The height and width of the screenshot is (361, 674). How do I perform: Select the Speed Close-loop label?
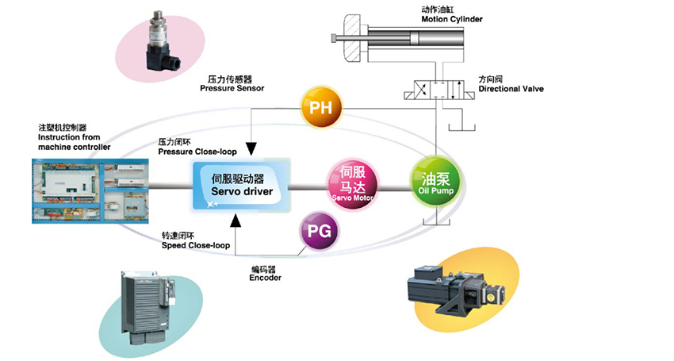click(x=195, y=241)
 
